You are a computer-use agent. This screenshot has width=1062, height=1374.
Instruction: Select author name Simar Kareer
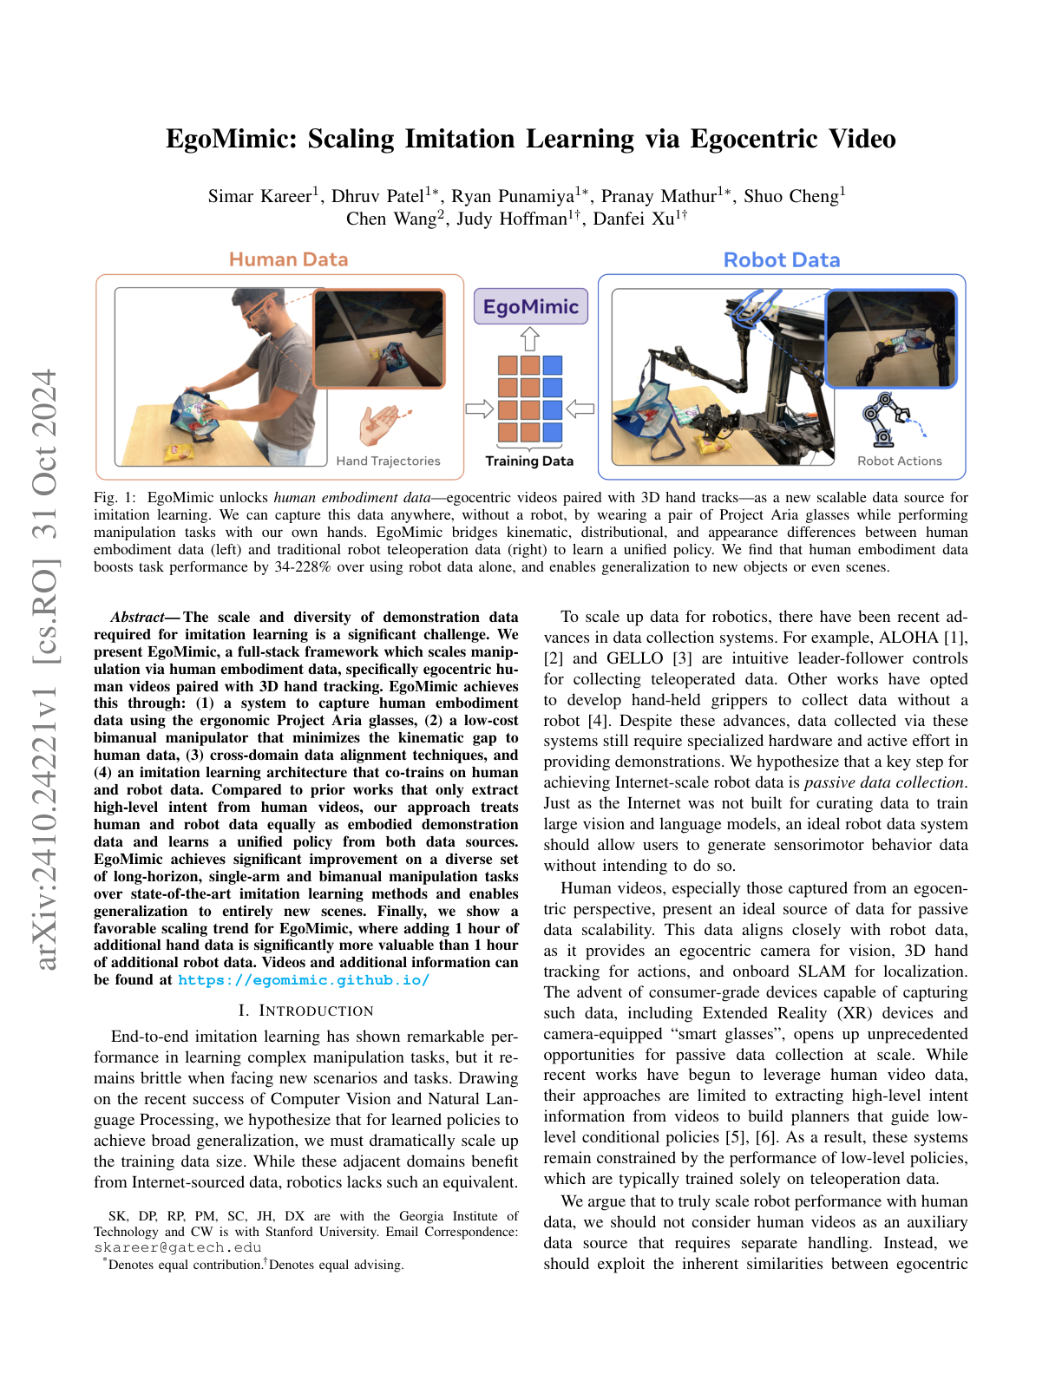pyautogui.click(x=259, y=196)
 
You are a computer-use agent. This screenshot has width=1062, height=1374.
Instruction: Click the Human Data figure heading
pyautogui.click(x=288, y=259)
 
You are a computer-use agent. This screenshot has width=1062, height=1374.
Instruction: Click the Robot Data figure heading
pyautogui.click(x=781, y=260)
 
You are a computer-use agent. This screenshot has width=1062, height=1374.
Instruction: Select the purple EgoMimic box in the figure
pyautogui.click(x=530, y=307)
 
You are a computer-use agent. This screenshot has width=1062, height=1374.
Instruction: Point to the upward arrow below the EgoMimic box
pyautogui.click(x=530, y=339)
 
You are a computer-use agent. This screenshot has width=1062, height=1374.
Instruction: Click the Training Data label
pyautogui.click(x=529, y=461)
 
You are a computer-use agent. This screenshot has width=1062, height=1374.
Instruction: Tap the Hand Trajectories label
pyautogui.click(x=388, y=461)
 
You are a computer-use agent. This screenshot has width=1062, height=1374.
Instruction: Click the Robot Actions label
pyautogui.click(x=899, y=461)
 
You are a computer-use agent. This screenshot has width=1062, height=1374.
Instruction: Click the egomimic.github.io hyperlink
pyautogui.click(x=304, y=980)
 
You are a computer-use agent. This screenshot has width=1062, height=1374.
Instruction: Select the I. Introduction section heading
pyautogui.click(x=305, y=1011)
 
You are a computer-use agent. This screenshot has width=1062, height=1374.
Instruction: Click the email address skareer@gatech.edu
pyautogui.click(x=178, y=1247)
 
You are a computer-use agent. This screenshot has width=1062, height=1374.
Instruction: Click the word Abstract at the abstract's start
pyautogui.click(x=137, y=618)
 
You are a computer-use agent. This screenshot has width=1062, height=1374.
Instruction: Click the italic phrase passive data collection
pyautogui.click(x=884, y=782)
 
